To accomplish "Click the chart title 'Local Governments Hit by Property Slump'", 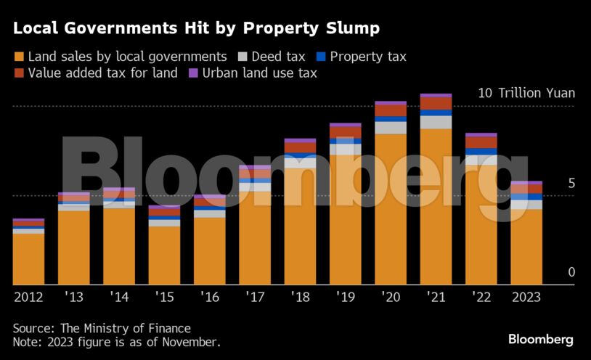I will click(196, 28).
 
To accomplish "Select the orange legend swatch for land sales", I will click(19, 57).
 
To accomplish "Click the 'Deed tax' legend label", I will click(278, 57).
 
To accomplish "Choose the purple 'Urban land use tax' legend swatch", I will click(193, 73).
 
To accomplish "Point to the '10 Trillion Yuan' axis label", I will click(526, 93).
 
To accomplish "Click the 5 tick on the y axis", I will click(571, 184).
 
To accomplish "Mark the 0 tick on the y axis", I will click(571, 272).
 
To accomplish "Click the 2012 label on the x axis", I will click(28, 296).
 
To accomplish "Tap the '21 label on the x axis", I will click(436, 296).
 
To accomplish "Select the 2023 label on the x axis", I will click(526, 296).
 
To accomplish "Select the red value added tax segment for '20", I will click(391, 111).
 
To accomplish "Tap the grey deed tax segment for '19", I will click(346, 150).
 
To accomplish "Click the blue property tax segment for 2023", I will click(526, 197).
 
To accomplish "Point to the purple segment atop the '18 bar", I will click(300, 140).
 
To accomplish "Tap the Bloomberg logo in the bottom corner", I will click(540, 339).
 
